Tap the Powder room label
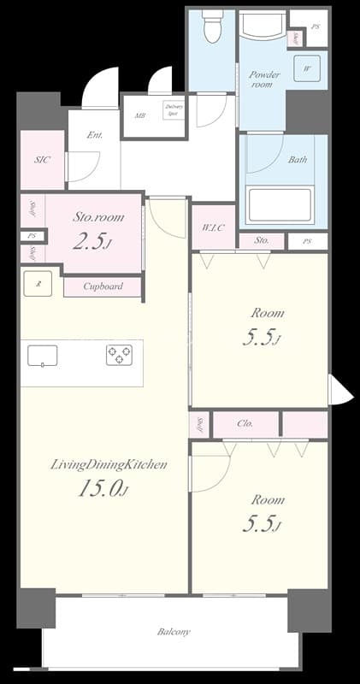[x=264, y=80]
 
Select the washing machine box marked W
[x=306, y=68]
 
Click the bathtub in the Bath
[x=279, y=205]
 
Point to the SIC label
[x=42, y=160]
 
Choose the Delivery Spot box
[x=173, y=111]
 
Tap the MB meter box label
[x=139, y=111]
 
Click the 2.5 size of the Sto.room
[x=91, y=241]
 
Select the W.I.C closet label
[x=213, y=227]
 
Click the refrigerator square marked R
[x=38, y=283]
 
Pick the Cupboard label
[x=103, y=286]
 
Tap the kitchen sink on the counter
[x=42, y=355]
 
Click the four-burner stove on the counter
[x=119, y=355]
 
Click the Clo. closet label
[x=245, y=422]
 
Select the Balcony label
[x=174, y=632]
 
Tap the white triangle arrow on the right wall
[x=339, y=392]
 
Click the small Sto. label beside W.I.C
[x=262, y=241]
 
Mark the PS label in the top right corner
[x=315, y=27]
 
